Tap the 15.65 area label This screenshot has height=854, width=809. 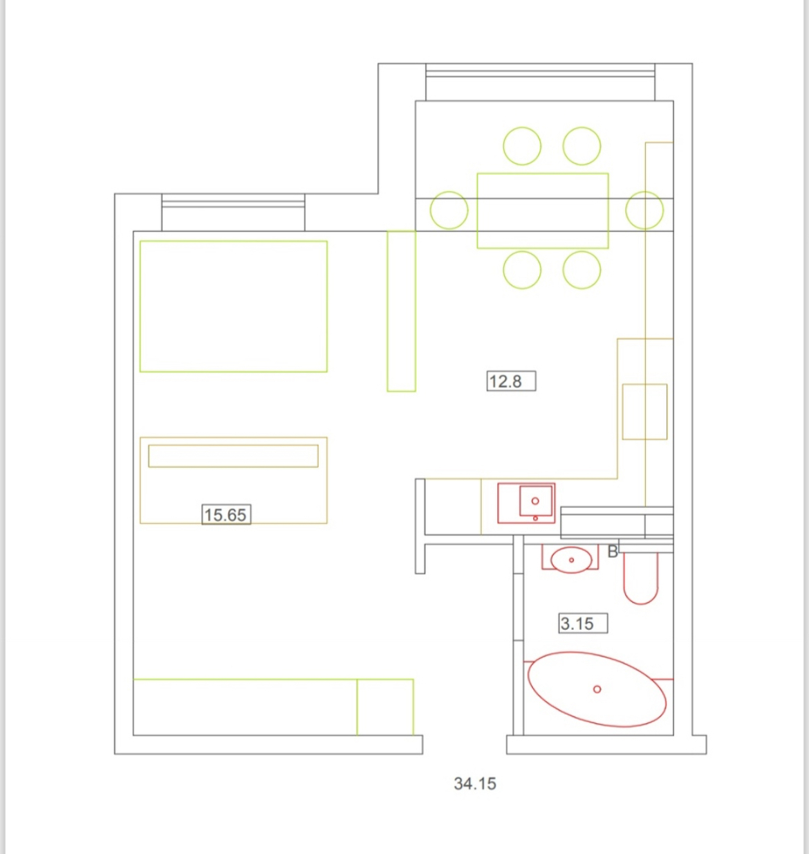[x=225, y=515]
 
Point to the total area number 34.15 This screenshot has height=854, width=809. [x=475, y=783]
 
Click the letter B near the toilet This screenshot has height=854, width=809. [x=613, y=552]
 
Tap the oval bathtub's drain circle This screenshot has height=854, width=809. [x=597, y=689]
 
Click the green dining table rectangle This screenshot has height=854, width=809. [x=543, y=174]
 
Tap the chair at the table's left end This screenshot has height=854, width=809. [x=449, y=192]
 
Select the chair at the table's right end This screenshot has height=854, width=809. [x=644, y=192]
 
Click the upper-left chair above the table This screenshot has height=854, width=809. [x=522, y=127]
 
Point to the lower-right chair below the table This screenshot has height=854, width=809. [x=582, y=251]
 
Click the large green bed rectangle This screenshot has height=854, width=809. [x=234, y=242]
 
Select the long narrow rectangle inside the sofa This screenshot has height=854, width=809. [x=234, y=445]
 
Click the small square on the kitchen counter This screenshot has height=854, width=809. [x=645, y=384]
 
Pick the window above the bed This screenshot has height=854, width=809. [x=233, y=212]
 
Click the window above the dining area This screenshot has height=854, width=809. [x=540, y=82]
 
